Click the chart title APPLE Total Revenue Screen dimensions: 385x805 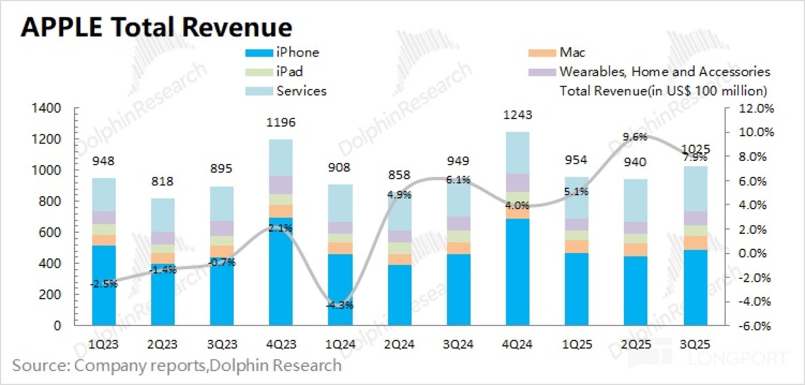(x=156, y=27)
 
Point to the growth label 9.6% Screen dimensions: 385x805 (x=634, y=137)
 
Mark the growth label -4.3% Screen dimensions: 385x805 (x=339, y=305)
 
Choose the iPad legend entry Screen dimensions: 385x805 (x=289, y=72)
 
